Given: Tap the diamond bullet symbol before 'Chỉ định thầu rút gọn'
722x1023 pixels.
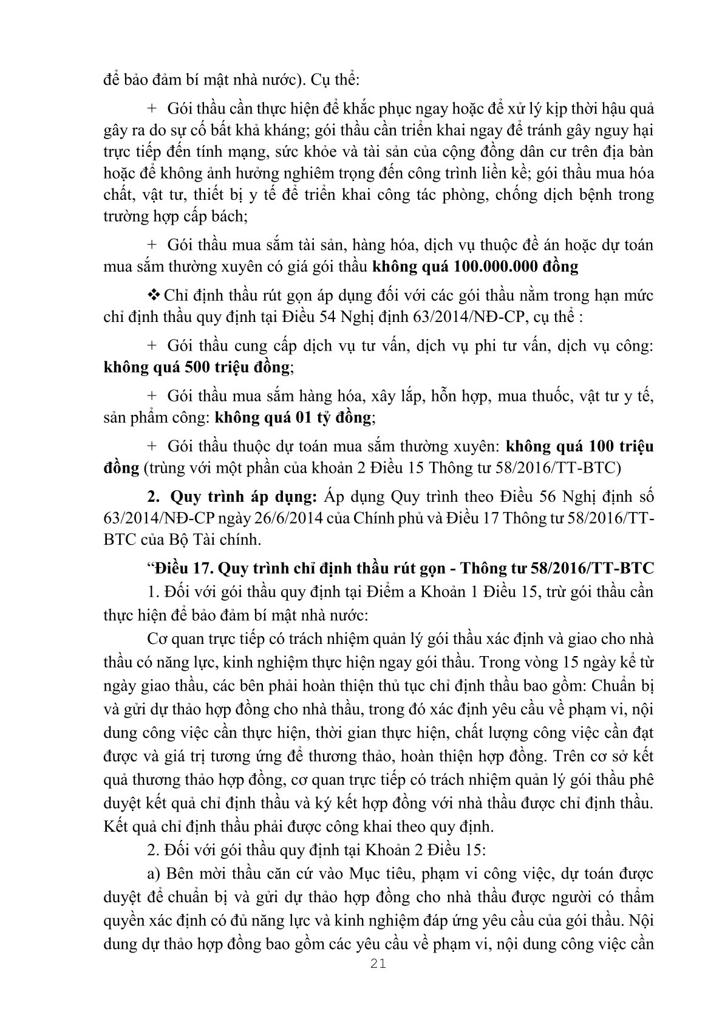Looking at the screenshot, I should click(x=154, y=296).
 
